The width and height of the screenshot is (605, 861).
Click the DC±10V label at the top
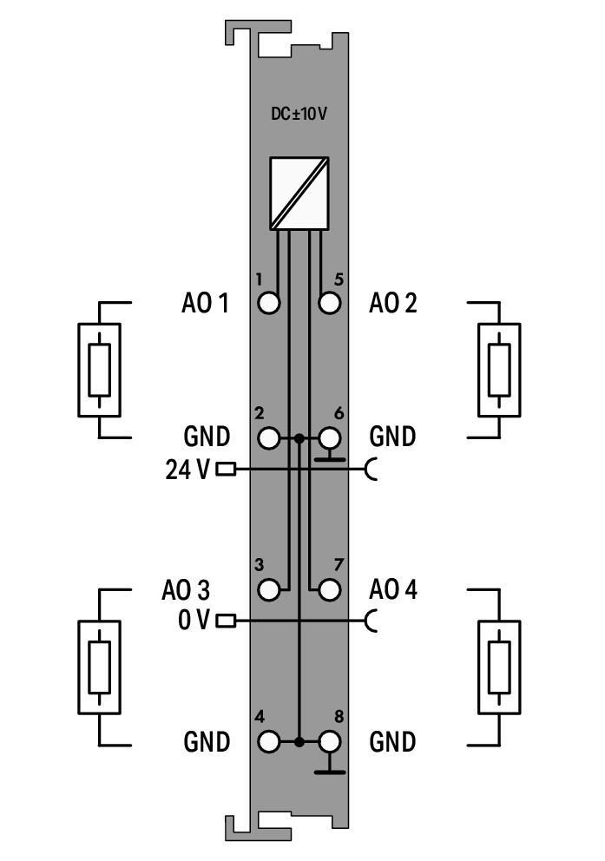click(x=299, y=114)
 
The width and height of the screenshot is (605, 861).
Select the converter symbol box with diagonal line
click(x=299, y=194)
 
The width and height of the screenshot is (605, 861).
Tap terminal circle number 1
click(x=270, y=304)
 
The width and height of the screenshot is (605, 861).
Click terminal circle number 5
click(x=329, y=304)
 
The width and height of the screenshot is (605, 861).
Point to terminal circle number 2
click(x=270, y=438)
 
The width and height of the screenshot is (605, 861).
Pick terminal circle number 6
click(x=329, y=438)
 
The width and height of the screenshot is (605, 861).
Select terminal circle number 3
click(x=270, y=590)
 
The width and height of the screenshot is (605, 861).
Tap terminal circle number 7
click(x=329, y=590)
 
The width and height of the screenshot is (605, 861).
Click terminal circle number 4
click(x=270, y=742)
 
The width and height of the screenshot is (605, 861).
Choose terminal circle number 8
click(x=329, y=742)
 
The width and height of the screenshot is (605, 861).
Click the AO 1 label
click(x=205, y=304)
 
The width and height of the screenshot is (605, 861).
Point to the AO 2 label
click(x=392, y=304)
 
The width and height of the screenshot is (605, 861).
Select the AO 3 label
click(x=186, y=590)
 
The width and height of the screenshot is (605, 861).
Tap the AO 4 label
click(x=392, y=590)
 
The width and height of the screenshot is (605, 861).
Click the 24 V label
click(x=187, y=470)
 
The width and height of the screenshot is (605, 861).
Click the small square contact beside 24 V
click(x=226, y=470)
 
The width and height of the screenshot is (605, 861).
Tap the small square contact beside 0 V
click(x=226, y=621)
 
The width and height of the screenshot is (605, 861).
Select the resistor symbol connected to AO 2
click(x=499, y=371)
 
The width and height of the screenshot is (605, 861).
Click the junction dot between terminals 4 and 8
click(x=299, y=742)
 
